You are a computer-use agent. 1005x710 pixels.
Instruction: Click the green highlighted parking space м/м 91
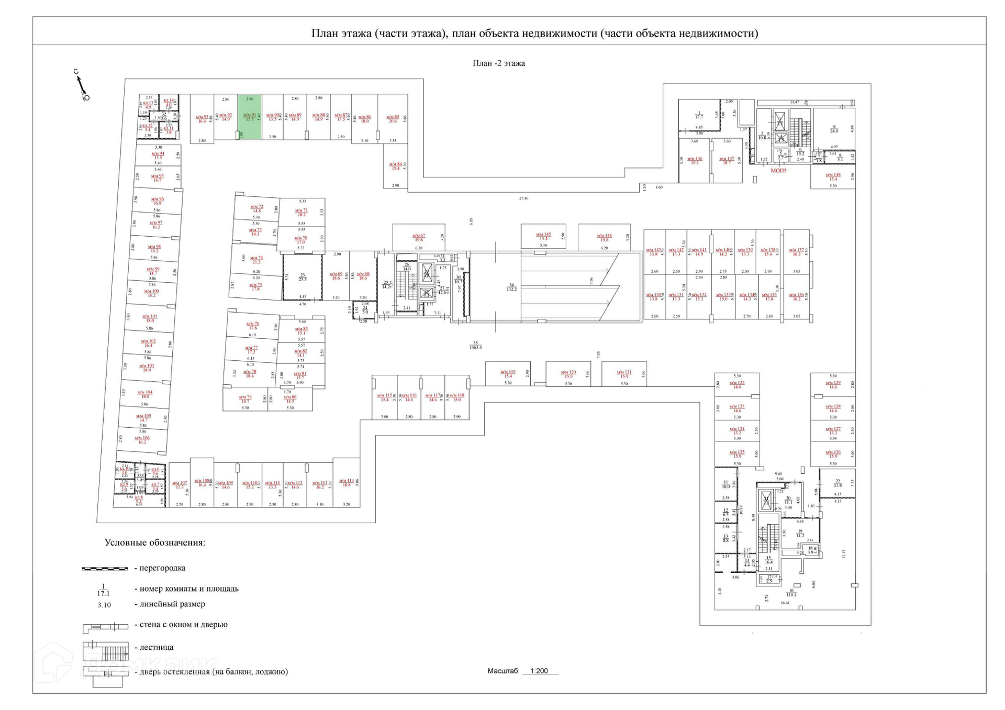(250, 117)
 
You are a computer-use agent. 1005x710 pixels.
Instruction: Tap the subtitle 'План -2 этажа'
(498, 63)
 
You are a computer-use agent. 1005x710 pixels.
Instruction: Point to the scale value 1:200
(539, 671)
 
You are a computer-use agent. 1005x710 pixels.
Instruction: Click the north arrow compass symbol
(81, 85)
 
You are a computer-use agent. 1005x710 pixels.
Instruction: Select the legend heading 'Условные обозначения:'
(154, 542)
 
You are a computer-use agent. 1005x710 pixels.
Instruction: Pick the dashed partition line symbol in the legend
(105, 568)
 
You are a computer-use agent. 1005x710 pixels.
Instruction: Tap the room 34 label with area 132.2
(511, 287)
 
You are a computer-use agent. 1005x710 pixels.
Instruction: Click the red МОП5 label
(778, 171)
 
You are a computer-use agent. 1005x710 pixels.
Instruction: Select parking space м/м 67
(419, 238)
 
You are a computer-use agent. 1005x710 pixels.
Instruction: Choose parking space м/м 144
(604, 238)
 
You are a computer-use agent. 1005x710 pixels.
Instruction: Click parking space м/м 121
(624, 374)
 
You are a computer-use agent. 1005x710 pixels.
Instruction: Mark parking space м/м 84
(395, 166)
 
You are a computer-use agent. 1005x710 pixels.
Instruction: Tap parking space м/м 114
(346, 483)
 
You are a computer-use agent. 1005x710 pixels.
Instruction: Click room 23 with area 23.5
(303, 277)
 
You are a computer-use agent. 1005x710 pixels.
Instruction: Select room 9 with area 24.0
(834, 129)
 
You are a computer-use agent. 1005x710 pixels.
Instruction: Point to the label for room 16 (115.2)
(791, 592)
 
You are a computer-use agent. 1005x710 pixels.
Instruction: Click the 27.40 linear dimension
(523, 198)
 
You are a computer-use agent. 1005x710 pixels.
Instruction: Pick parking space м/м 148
(833, 176)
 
